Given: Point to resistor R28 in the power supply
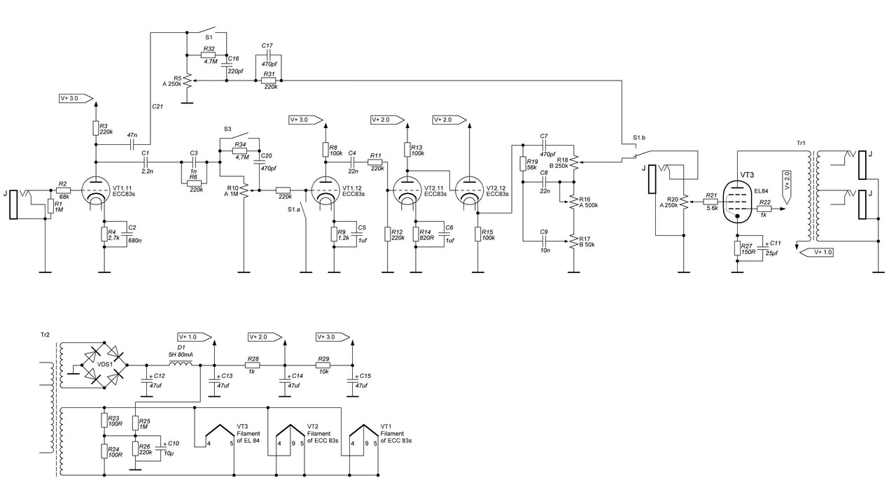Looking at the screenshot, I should pyautogui.click(x=253, y=365).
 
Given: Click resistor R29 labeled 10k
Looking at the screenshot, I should pyautogui.click(x=323, y=365).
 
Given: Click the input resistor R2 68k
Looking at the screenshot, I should pyautogui.click(x=63, y=190).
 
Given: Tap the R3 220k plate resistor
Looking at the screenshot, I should pyautogui.click(x=97, y=127).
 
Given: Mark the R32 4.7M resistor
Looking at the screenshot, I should pyautogui.click(x=208, y=56).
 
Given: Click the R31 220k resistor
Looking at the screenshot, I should pyautogui.click(x=269, y=81).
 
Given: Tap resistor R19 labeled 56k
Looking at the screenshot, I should pyautogui.click(x=523, y=164).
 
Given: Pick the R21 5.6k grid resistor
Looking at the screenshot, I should pyautogui.click(x=710, y=202).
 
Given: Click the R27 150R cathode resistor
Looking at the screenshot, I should pyautogui.click(x=738, y=248).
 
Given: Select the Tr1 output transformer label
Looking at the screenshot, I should pyautogui.click(x=801, y=143).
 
